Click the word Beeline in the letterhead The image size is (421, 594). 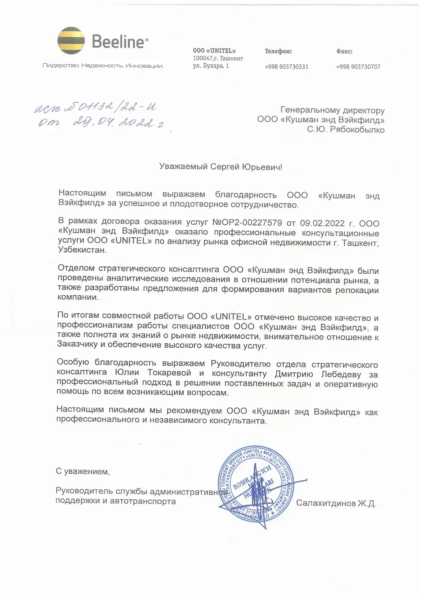click(118, 41)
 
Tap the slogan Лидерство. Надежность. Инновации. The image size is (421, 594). click(103, 66)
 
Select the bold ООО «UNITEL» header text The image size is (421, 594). click(214, 51)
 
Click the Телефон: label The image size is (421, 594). click(278, 51)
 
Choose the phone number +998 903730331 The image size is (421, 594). click(287, 67)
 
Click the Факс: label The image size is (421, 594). click(344, 51)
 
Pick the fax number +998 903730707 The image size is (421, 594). click(358, 67)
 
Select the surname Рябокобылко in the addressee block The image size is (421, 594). click(357, 130)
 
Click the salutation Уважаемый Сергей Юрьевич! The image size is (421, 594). click(221, 167)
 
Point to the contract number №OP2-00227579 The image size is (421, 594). click(247, 223)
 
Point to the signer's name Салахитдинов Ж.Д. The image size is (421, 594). click(336, 503)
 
